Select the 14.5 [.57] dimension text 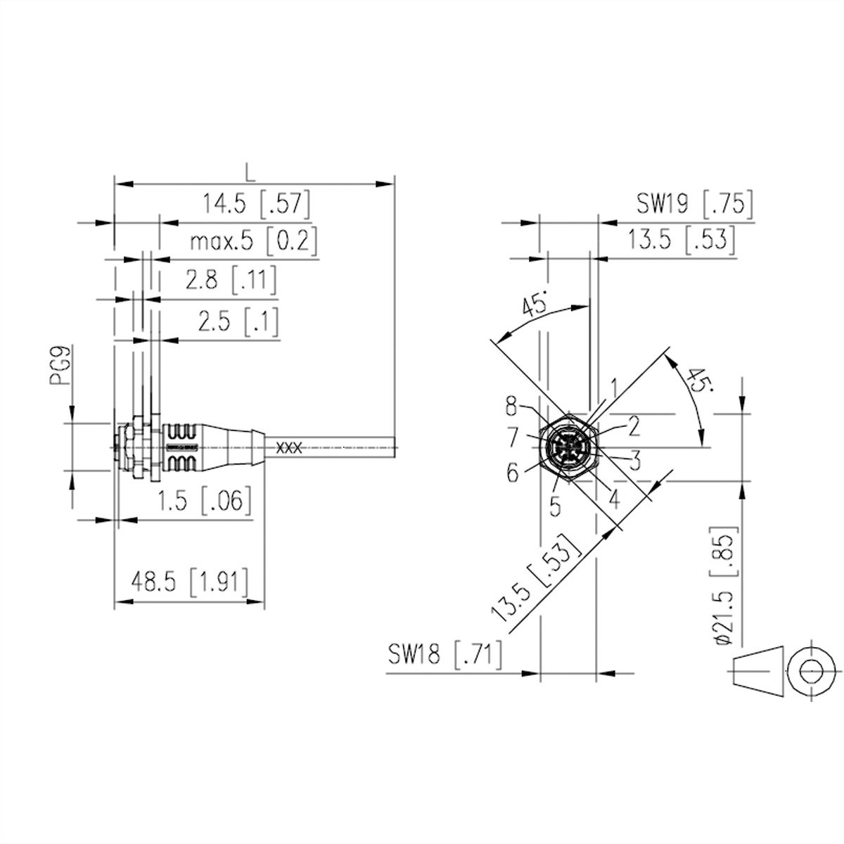(256, 204)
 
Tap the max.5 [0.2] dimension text (253, 241)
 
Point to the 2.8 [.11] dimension (231, 280)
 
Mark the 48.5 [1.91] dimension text (189, 582)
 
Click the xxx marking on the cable (288, 447)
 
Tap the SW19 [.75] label (695, 203)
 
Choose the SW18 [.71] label (445, 655)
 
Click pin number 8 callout (512, 406)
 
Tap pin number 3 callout (635, 461)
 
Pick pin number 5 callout (555, 506)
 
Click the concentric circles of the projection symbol (812, 670)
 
